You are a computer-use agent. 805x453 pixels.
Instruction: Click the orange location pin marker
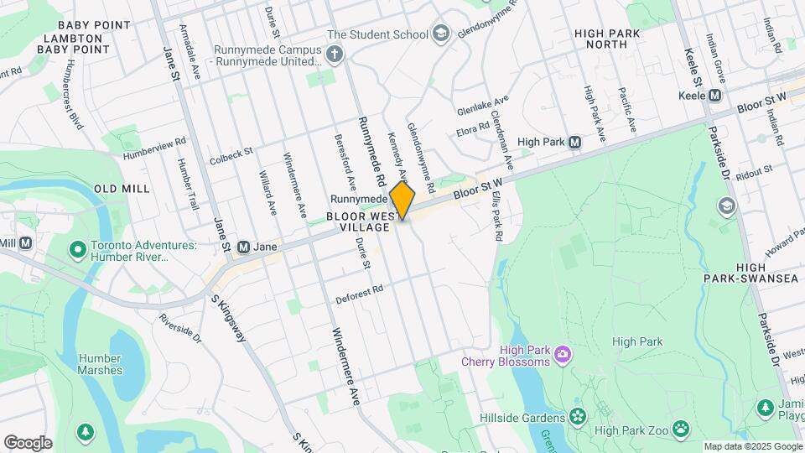point(402,200)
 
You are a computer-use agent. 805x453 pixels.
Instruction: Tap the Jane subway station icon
point(244,247)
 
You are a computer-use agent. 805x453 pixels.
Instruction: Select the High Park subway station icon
point(574,143)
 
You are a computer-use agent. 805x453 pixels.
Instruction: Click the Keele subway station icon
point(714,96)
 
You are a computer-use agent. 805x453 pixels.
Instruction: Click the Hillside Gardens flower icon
point(578,417)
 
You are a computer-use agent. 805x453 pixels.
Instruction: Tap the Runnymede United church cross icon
point(335,55)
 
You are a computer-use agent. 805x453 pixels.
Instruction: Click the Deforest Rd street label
point(359,289)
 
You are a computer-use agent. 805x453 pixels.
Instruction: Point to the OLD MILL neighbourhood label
point(122,189)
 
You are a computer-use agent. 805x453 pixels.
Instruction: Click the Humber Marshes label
point(101,363)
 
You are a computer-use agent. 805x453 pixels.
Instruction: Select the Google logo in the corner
point(28,443)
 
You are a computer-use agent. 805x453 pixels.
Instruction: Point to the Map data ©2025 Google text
point(752,446)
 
